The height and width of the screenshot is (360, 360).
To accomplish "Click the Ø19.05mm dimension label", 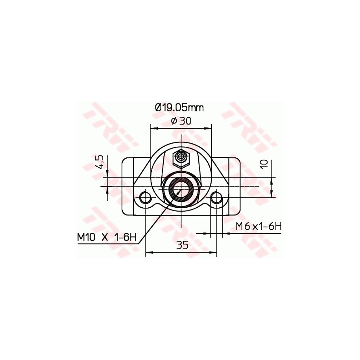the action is point(179,107).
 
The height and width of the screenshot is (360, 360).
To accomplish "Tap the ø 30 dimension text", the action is point(181,121).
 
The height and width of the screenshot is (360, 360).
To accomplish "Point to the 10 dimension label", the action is point(264,164).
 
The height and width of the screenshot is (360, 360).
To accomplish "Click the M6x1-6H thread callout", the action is point(259,227).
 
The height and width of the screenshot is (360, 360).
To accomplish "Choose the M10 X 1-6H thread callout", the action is point(107,237).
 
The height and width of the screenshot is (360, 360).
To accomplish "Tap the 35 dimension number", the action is point(182,246).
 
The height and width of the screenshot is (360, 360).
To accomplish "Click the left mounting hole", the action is point(146,197).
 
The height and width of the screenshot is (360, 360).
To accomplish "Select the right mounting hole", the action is point(217,197).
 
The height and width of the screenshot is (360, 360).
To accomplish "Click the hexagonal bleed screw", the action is point(181,158).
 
